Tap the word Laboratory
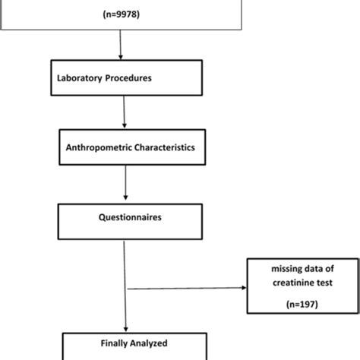[x=81, y=77]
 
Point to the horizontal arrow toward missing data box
[x=185, y=288]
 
